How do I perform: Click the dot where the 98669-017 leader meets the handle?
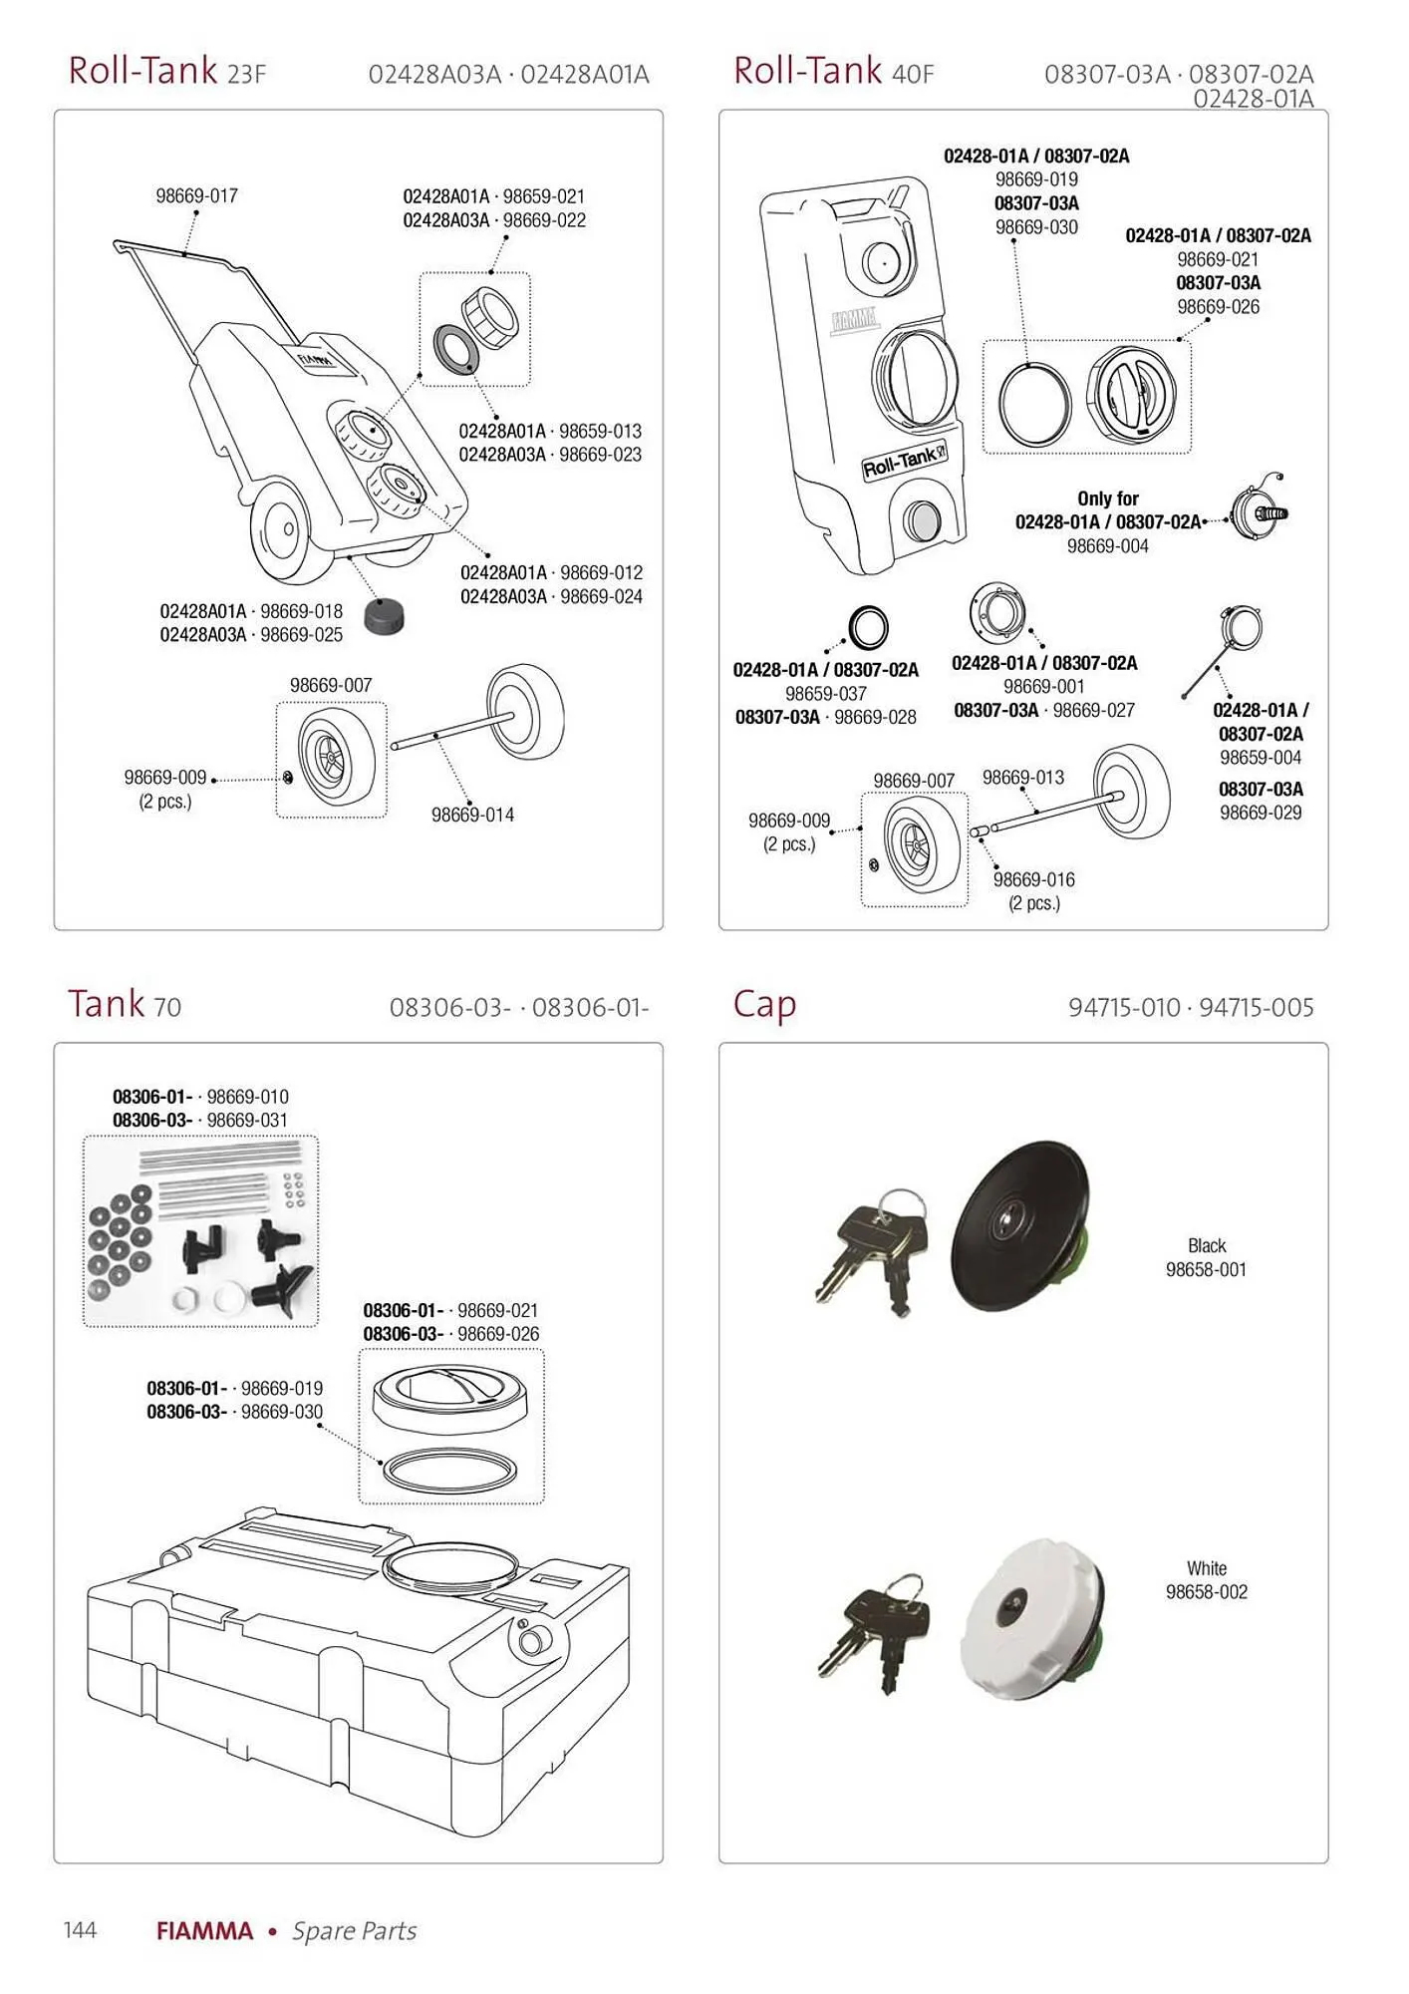tap(185, 254)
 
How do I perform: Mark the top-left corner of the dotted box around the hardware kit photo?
tap(83, 1137)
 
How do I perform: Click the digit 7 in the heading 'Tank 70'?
tap(161, 1007)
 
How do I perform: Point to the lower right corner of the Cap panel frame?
tap(1327, 1862)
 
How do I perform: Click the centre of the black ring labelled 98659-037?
tap(868, 628)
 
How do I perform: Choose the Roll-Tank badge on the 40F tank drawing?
tap(905, 462)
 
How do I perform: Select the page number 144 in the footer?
tap(80, 1930)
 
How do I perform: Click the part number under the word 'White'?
tap(1207, 1592)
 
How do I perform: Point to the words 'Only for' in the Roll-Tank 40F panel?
tap(1108, 498)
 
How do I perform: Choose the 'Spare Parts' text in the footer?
tap(354, 1931)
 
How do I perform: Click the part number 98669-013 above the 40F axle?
tap(1023, 777)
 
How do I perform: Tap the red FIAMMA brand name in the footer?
tap(204, 1931)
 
